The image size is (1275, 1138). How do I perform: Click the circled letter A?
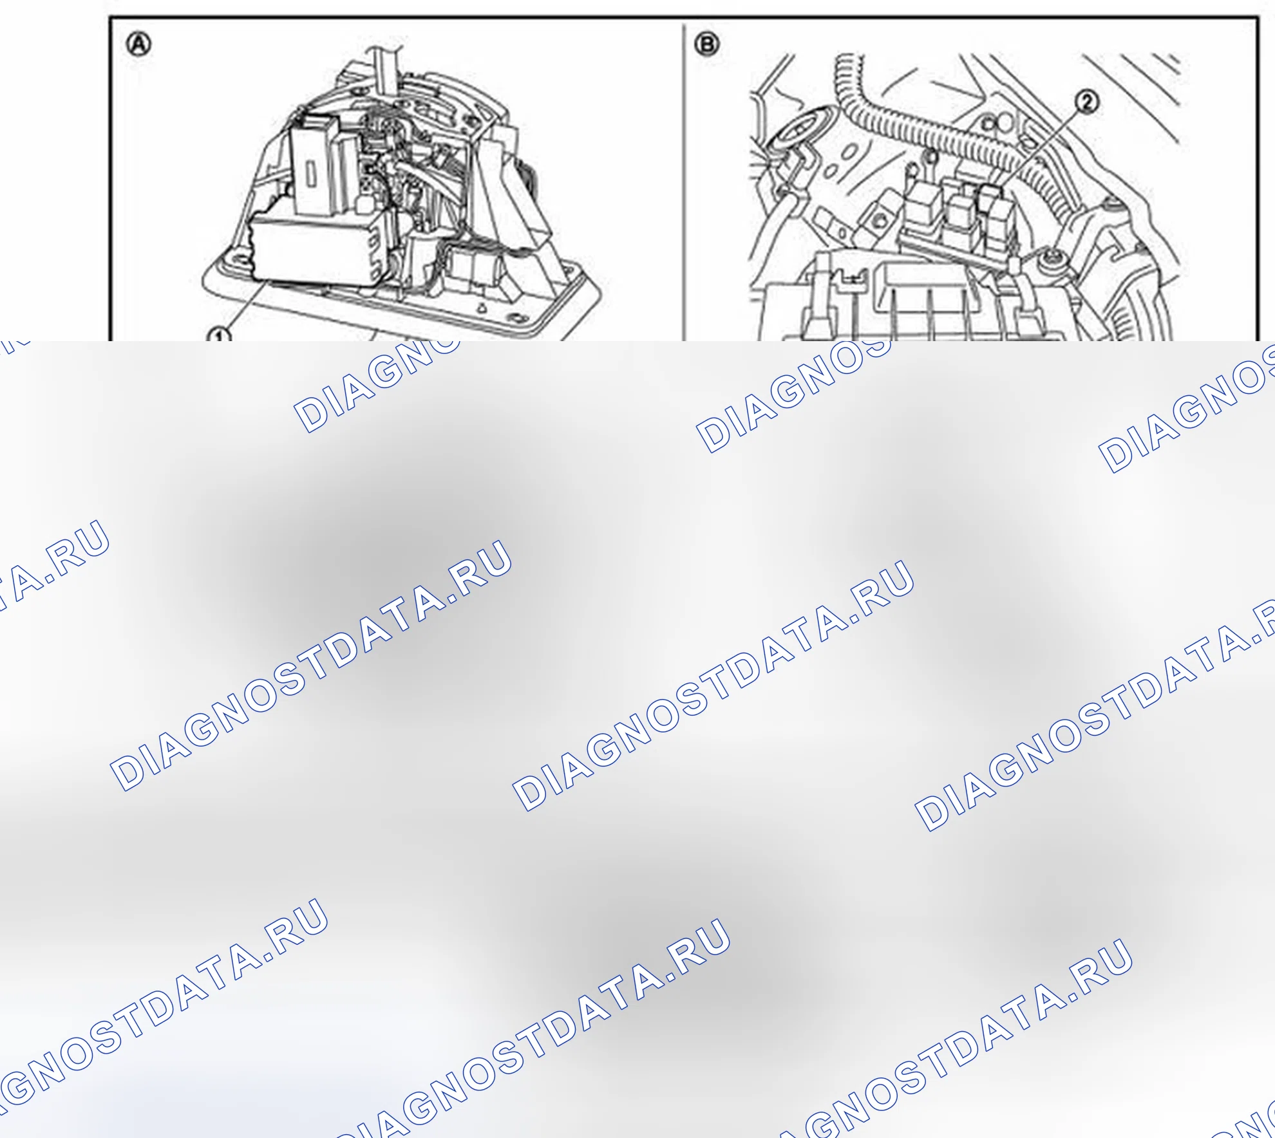(x=139, y=45)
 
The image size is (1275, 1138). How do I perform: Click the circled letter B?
(x=707, y=44)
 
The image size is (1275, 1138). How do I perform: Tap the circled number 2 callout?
(x=1087, y=102)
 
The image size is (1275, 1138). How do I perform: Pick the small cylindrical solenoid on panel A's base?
(x=477, y=267)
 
